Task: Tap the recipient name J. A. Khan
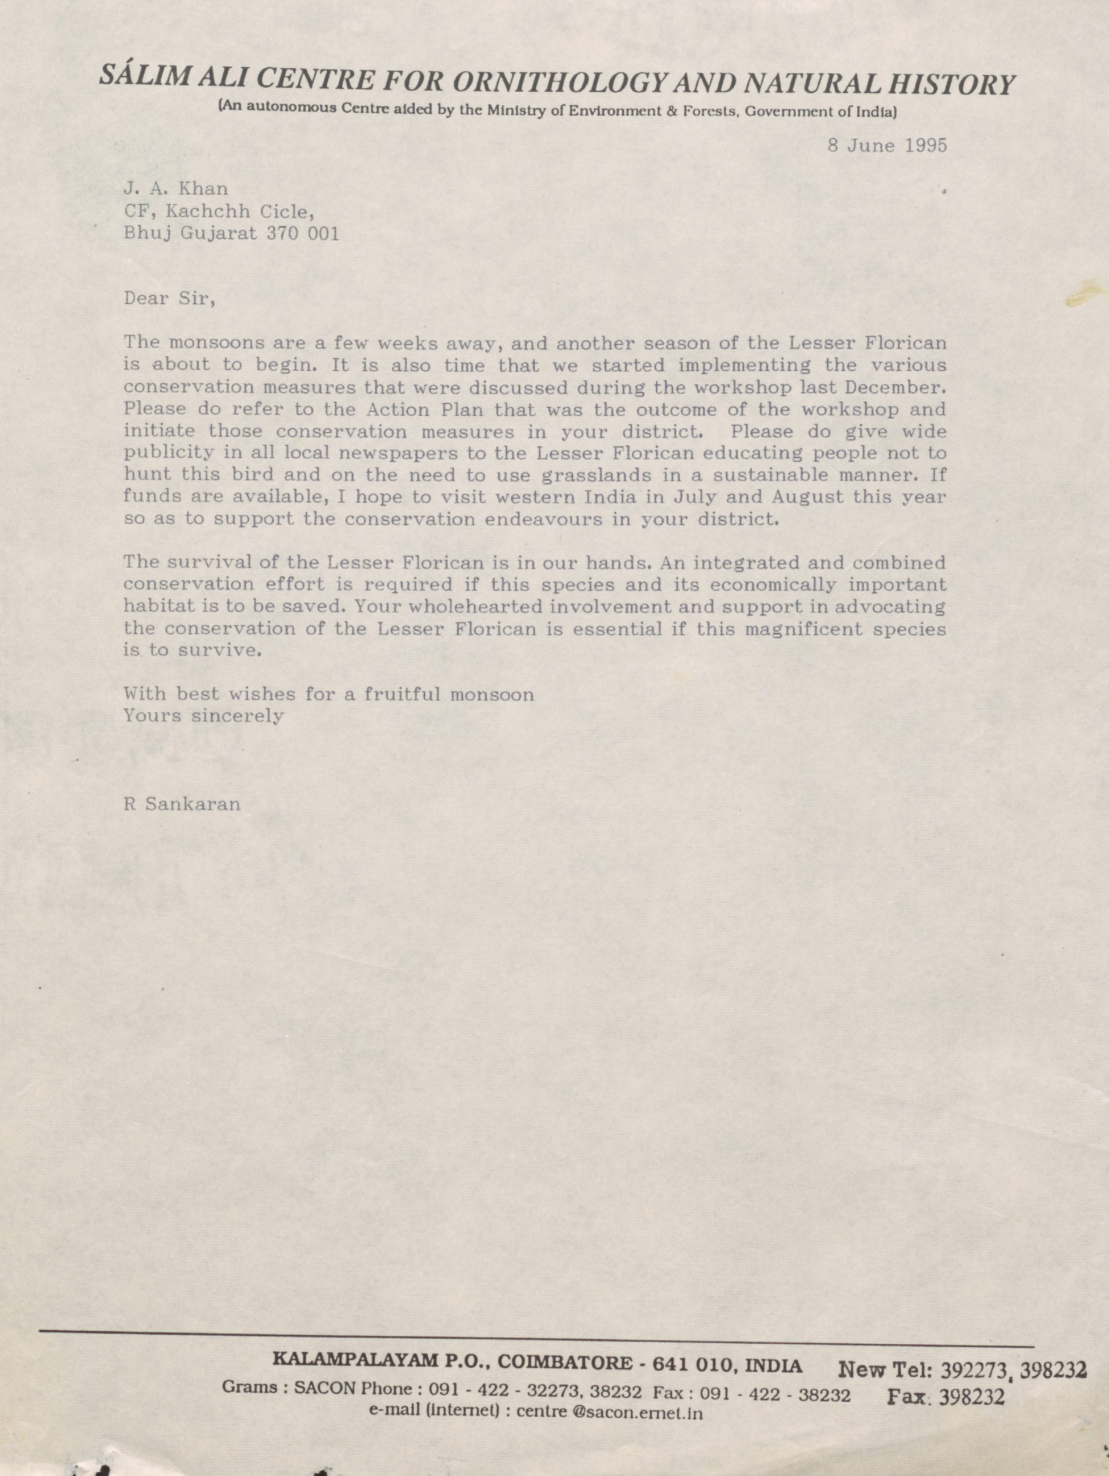175,189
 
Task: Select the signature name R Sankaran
182,804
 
